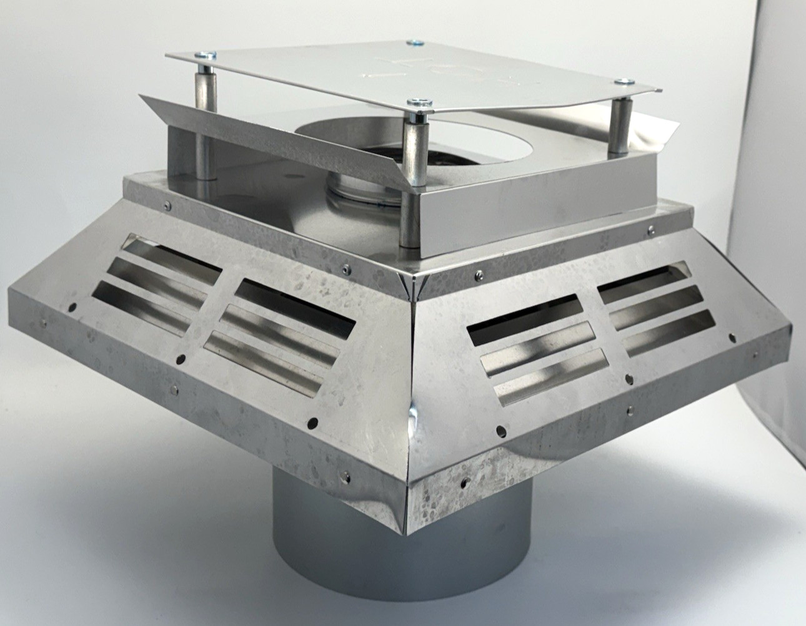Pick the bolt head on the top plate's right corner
click(623, 81)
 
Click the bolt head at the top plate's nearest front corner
click(415, 102)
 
